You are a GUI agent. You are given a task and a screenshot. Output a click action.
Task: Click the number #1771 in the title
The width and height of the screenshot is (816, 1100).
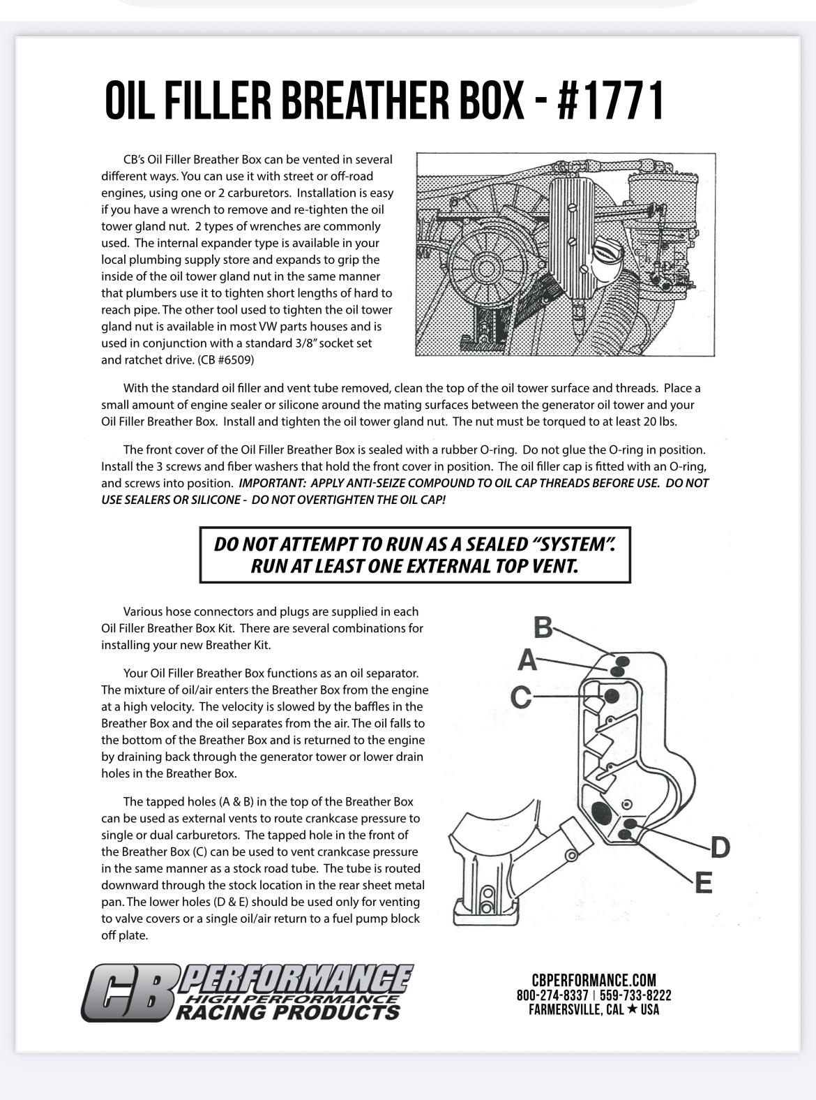pyautogui.click(x=611, y=102)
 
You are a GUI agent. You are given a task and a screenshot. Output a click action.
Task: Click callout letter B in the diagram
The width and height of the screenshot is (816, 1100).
pyautogui.click(x=543, y=627)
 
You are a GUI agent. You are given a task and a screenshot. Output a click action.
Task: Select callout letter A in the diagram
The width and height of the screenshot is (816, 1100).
pyautogui.click(x=527, y=660)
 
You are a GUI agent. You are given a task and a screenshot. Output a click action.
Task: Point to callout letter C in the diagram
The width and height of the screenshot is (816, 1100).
pyautogui.click(x=521, y=697)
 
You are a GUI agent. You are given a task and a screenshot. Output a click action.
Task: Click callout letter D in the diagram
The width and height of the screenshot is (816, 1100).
pyautogui.click(x=719, y=847)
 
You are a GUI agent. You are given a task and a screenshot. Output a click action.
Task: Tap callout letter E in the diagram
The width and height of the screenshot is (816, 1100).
pyautogui.click(x=704, y=884)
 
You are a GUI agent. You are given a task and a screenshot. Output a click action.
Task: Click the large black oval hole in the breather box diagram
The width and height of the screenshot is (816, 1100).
pyautogui.click(x=600, y=812)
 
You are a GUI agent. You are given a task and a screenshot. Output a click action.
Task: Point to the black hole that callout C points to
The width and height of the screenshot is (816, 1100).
pyautogui.click(x=612, y=695)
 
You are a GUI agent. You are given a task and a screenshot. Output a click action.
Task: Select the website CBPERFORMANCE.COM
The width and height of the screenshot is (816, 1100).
pyautogui.click(x=594, y=981)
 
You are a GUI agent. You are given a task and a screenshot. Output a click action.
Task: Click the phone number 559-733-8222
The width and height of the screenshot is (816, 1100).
pyautogui.click(x=635, y=995)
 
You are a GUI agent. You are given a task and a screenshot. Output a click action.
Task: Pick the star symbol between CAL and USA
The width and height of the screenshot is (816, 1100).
pyautogui.click(x=631, y=1010)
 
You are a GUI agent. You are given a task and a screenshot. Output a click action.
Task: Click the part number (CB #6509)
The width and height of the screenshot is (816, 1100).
pyautogui.click(x=226, y=360)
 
